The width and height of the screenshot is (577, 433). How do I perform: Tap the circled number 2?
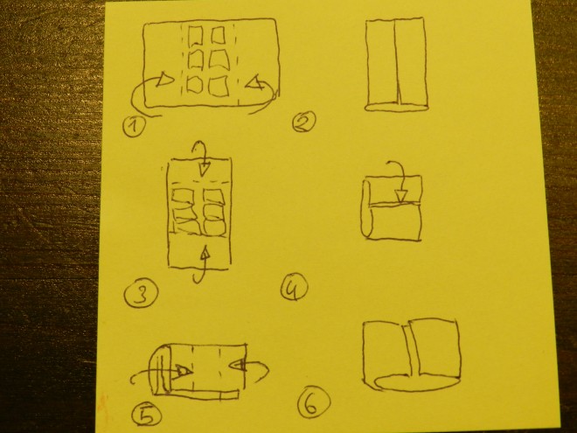(x=304, y=122)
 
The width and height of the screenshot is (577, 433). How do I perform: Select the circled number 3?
(x=142, y=293)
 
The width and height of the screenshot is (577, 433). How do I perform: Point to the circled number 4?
(x=295, y=289)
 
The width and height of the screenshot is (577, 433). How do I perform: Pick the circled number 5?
(x=146, y=416)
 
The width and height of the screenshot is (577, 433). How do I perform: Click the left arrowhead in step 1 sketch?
(x=164, y=79)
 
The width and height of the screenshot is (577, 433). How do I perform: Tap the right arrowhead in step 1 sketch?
(x=254, y=83)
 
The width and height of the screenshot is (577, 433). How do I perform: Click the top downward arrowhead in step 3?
(x=204, y=170)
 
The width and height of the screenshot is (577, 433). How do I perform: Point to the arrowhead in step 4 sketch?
(x=402, y=196)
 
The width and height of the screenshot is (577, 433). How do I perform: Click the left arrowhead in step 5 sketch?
(x=183, y=371)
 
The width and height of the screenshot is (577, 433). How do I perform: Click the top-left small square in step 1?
(x=196, y=35)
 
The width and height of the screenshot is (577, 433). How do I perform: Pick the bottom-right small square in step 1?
(x=219, y=87)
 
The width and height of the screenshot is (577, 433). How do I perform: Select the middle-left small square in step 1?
(x=196, y=59)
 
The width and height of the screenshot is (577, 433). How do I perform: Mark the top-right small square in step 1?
(x=218, y=35)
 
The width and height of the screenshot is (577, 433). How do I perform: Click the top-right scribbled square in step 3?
(x=214, y=198)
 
